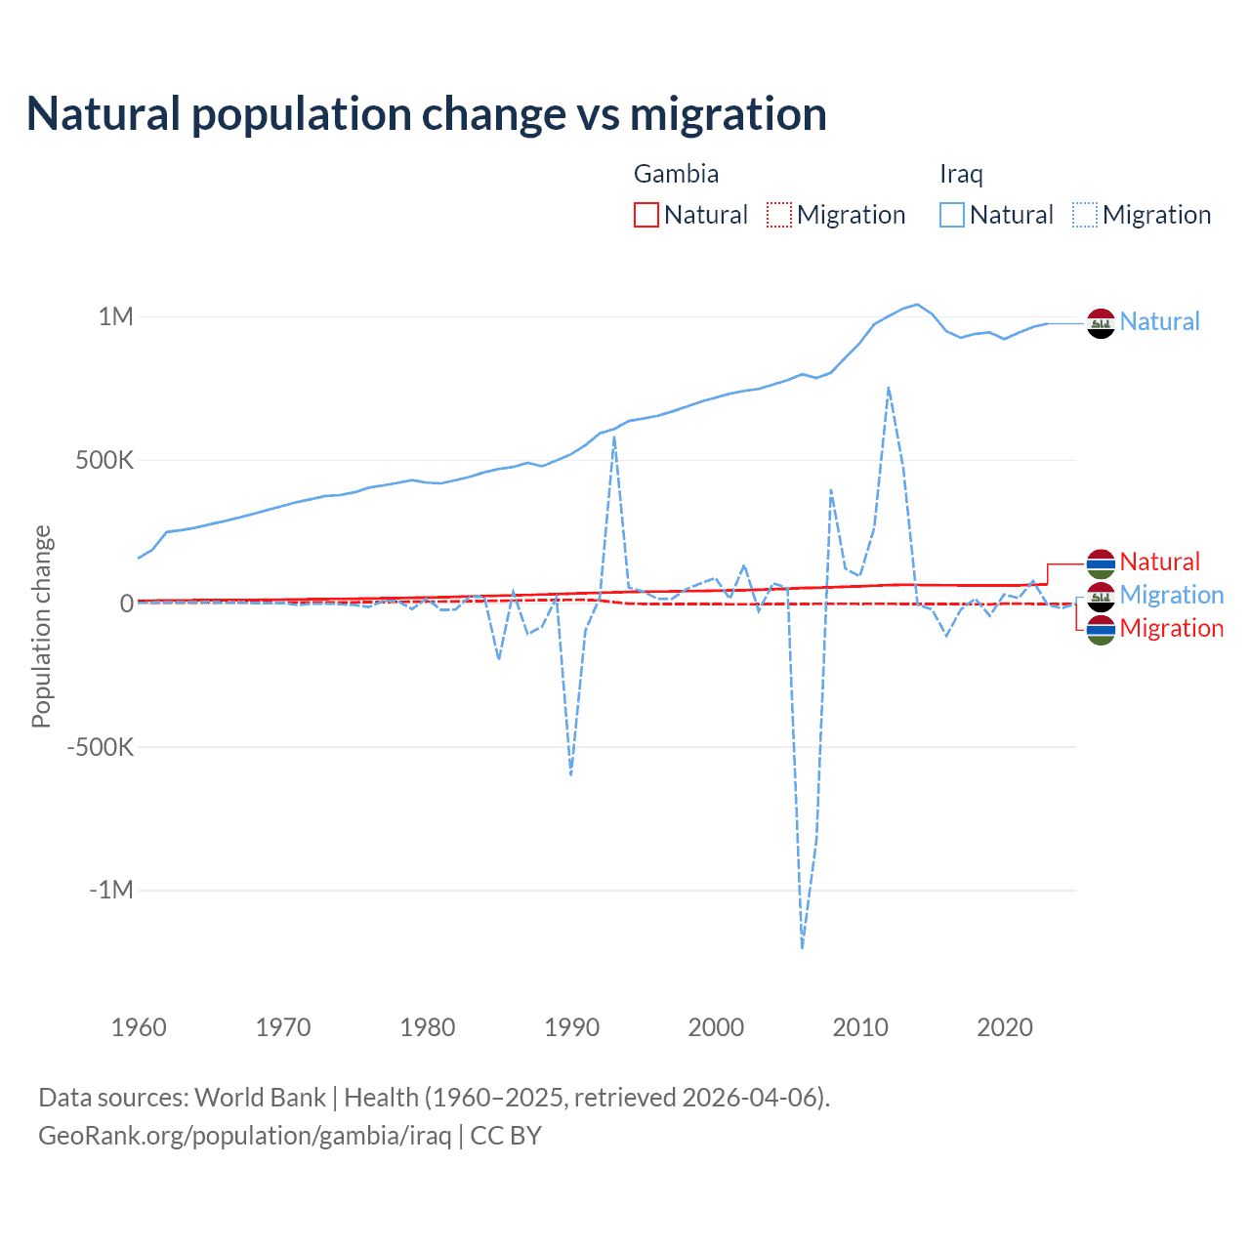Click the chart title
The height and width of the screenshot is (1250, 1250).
(x=427, y=114)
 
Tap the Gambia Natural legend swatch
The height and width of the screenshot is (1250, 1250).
(x=646, y=215)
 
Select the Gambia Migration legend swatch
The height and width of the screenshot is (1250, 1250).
(x=779, y=215)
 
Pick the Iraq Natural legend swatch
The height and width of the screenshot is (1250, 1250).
(x=952, y=215)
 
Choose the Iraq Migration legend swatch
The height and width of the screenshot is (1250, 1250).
(x=1085, y=215)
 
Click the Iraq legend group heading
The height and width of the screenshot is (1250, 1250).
(x=961, y=174)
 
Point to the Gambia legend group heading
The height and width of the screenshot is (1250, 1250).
(x=676, y=174)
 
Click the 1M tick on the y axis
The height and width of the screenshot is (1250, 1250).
(x=115, y=316)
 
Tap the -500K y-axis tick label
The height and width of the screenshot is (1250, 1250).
(x=100, y=747)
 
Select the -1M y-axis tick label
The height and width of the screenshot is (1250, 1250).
(x=110, y=891)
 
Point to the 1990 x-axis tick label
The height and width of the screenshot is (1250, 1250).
(x=571, y=1027)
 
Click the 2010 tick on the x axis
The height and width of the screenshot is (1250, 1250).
(x=860, y=1027)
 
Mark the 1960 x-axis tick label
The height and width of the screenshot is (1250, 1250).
(x=139, y=1027)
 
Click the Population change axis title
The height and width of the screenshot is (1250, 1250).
(x=41, y=627)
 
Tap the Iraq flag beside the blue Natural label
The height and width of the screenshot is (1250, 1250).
(x=1101, y=323)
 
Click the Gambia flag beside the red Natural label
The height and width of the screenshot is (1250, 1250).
(x=1101, y=563)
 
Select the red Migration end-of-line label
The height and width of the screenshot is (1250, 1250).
(x=1171, y=628)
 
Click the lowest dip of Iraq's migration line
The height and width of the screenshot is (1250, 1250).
(x=802, y=947)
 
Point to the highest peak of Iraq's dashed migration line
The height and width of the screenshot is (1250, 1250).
(x=888, y=388)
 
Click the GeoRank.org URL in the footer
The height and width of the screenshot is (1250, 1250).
(x=245, y=1136)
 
